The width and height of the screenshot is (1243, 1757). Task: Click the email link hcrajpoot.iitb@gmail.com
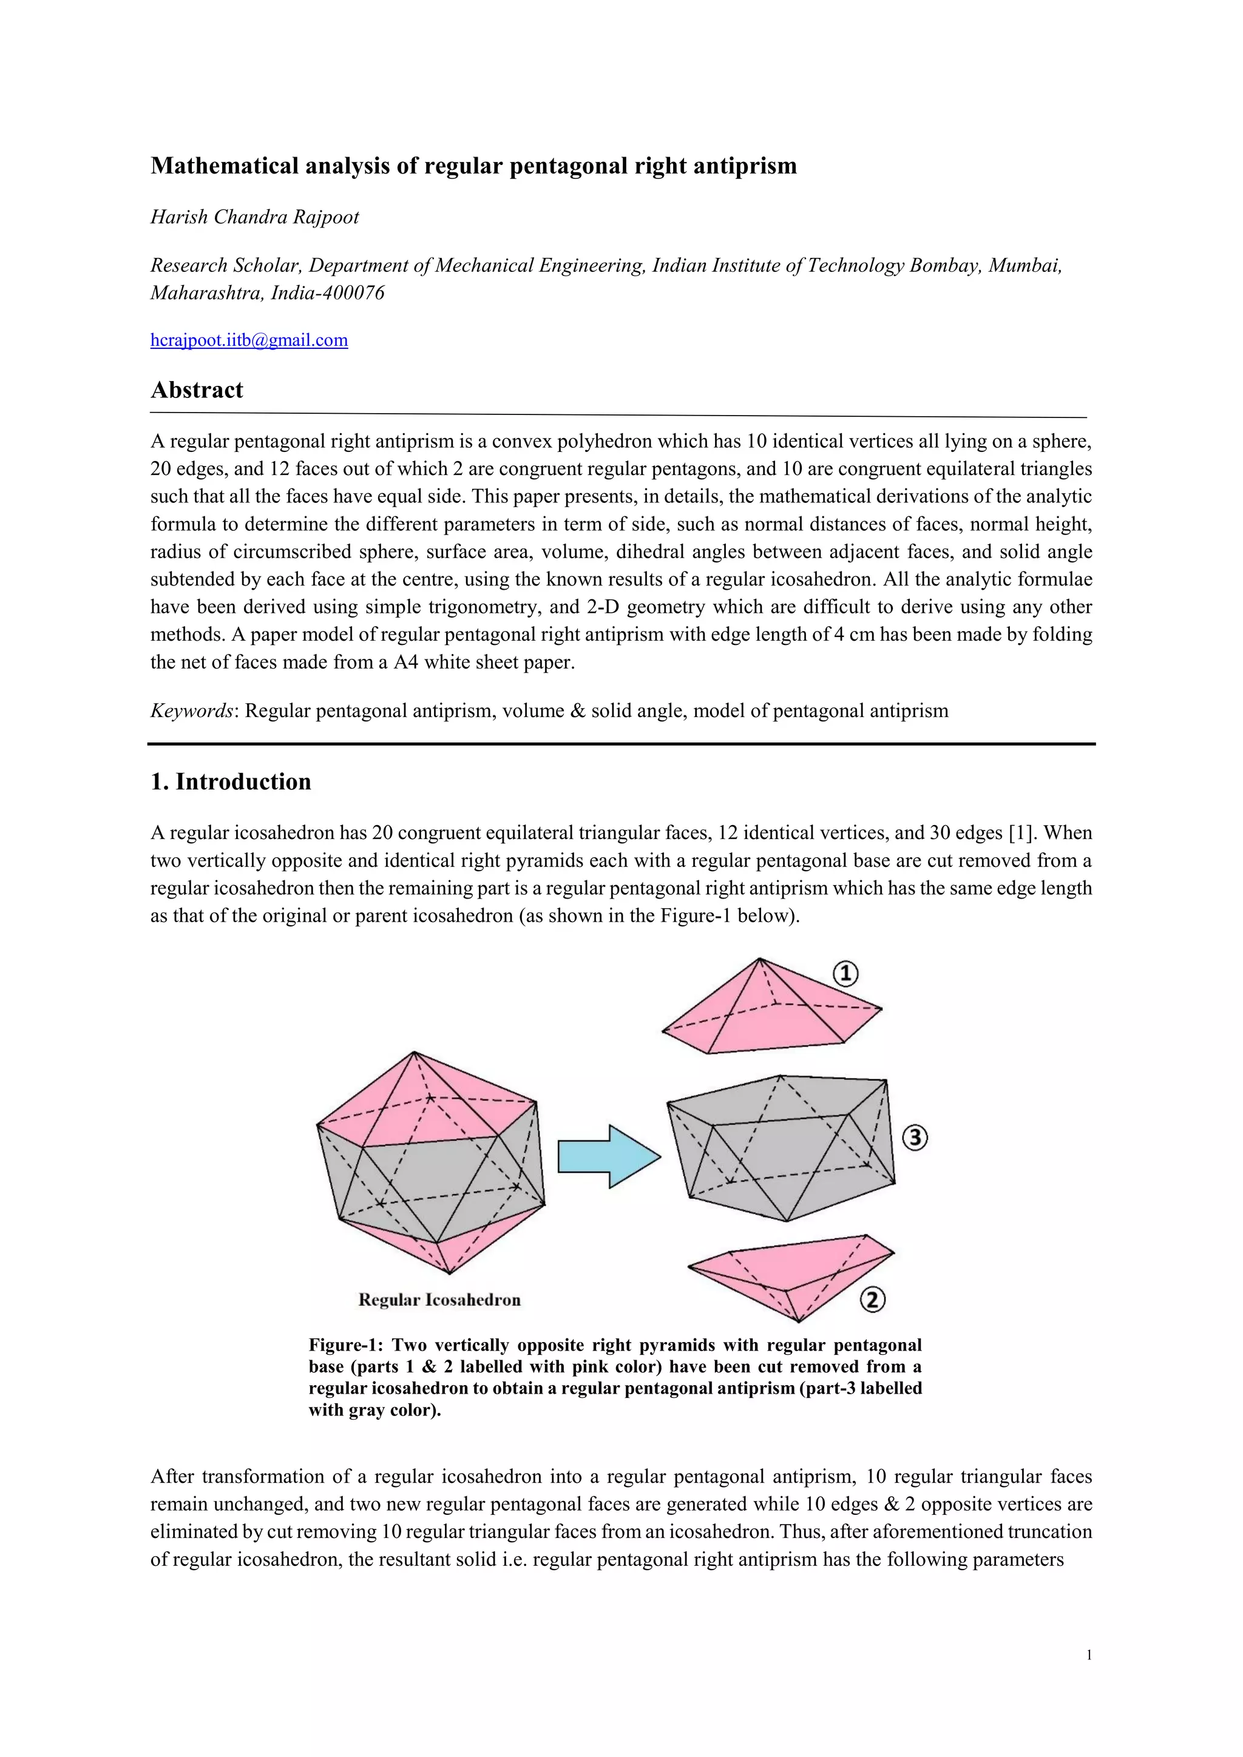pos(249,340)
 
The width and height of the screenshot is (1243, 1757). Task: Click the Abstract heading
pos(197,390)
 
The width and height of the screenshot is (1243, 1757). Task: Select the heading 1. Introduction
pos(231,782)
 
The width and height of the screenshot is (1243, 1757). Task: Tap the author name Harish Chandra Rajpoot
pos(254,217)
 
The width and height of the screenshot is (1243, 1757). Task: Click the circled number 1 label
pos(845,974)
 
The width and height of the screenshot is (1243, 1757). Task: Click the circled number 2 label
pos(873,1300)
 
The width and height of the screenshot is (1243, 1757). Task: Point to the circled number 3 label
pos(915,1138)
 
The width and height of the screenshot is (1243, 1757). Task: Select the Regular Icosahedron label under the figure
pos(439,1300)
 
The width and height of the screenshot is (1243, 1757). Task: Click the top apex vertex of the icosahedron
pos(414,1052)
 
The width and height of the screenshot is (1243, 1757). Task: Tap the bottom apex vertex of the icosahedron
pos(449,1274)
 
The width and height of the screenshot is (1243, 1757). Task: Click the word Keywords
pos(191,712)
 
